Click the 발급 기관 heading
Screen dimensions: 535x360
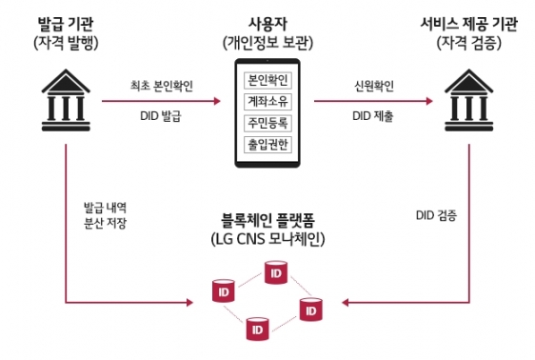(66, 24)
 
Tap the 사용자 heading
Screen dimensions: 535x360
(267, 24)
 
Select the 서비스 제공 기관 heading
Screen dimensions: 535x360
(468, 24)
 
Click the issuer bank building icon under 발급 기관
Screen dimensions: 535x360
(66, 100)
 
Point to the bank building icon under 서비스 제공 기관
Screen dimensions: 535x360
(468, 100)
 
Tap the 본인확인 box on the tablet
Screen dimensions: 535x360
(267, 81)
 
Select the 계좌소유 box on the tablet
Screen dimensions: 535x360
(267, 102)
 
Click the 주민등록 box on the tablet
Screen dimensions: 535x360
(267, 123)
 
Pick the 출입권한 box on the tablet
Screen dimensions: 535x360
(267, 145)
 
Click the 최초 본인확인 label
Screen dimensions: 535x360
(162, 86)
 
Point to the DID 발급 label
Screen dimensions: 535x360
(161, 116)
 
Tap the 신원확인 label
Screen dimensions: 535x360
(374, 86)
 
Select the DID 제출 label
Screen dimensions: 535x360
(373, 116)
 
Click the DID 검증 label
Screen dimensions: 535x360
(436, 215)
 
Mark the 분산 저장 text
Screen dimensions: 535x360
(105, 223)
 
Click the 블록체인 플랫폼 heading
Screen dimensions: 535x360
(267, 220)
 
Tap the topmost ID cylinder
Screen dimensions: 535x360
(276, 272)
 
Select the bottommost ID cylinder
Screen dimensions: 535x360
(257, 329)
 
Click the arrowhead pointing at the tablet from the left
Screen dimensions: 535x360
(217, 101)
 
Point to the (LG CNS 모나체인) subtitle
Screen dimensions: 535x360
(267, 239)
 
